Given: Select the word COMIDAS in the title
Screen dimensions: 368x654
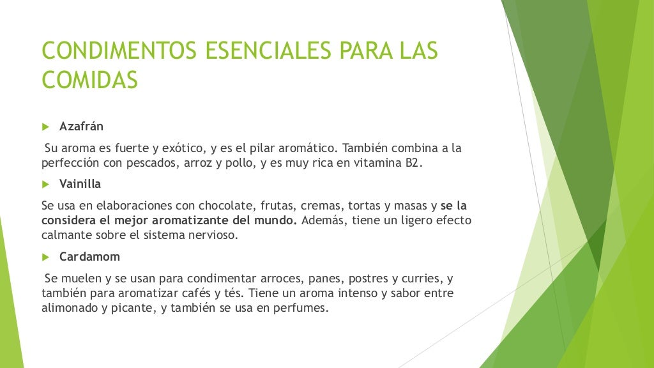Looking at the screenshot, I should [x=89, y=80].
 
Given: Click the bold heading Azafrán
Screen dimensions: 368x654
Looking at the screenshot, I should [x=81, y=126].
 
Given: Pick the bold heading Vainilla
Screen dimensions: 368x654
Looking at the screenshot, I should [x=80, y=184].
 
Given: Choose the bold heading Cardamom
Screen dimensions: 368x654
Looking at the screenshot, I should [x=89, y=257].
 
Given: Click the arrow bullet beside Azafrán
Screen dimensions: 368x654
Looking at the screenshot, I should [x=45, y=126].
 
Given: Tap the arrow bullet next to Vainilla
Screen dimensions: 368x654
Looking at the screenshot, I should [x=45, y=184].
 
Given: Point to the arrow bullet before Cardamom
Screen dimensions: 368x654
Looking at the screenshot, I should [x=45, y=257].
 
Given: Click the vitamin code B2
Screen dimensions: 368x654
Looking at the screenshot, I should [x=414, y=163].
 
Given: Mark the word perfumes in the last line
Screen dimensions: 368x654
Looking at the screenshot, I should [x=303, y=308].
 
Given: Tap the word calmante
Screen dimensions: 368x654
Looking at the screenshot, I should [x=66, y=234].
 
